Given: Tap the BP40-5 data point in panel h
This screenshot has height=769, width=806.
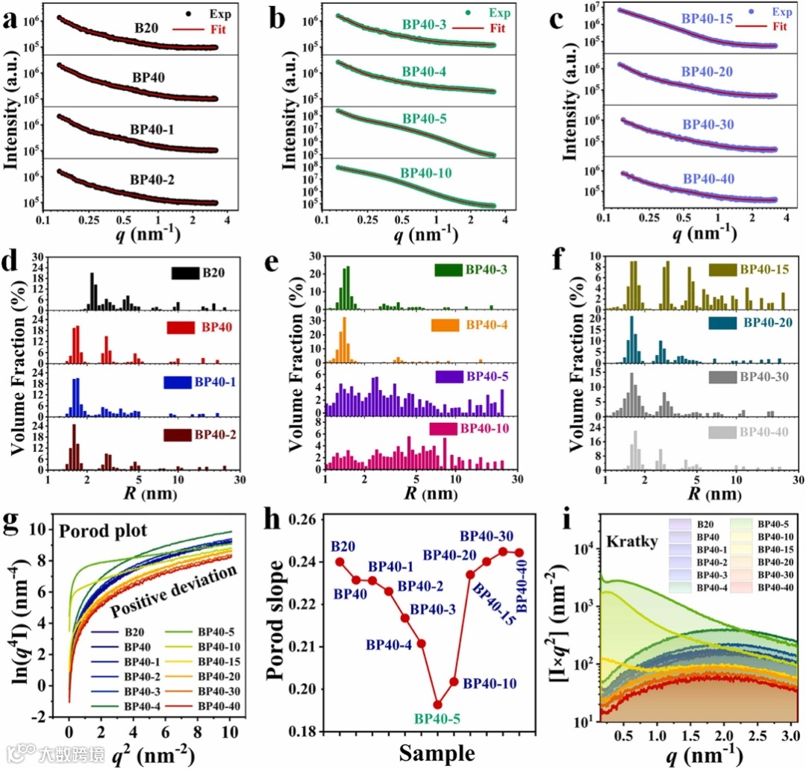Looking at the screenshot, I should [x=437, y=704].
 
